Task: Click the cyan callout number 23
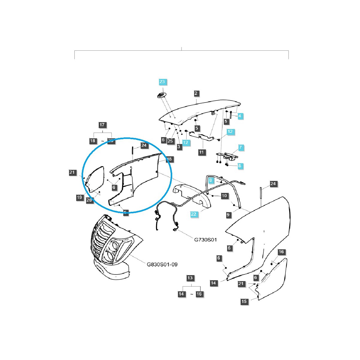162,82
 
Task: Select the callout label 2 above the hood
196,93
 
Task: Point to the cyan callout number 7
240,148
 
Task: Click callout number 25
171,141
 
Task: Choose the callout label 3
179,147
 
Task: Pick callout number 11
201,152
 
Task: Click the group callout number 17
102,125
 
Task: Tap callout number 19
79,197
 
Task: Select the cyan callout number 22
193,214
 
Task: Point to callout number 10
224,196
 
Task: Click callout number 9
228,215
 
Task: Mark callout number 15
244,301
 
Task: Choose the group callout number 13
190,278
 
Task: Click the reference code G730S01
205,240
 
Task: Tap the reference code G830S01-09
162,264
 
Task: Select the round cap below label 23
162,95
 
